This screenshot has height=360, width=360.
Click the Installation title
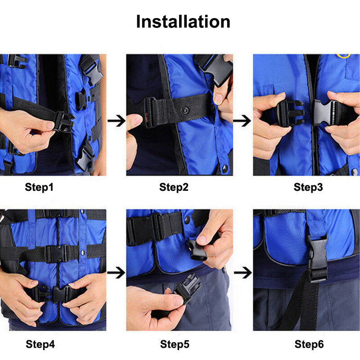(x=183, y=22)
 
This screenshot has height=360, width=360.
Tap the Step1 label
(x=39, y=187)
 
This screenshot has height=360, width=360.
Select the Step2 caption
(x=174, y=187)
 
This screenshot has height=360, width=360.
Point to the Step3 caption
(x=308, y=187)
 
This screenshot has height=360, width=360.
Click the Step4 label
(x=40, y=344)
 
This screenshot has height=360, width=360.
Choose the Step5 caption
(x=175, y=344)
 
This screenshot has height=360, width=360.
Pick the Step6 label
(x=309, y=344)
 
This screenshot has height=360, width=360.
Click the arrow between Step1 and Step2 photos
(x=116, y=121)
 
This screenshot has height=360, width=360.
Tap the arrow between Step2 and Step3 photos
(x=242, y=121)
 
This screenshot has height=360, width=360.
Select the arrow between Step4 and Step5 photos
(x=116, y=273)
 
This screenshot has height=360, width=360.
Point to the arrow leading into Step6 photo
(x=243, y=273)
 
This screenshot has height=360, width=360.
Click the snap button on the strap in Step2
(x=185, y=110)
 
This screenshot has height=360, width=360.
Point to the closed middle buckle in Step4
(x=56, y=254)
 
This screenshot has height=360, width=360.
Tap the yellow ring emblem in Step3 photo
(x=343, y=56)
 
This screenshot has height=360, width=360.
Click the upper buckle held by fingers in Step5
(x=196, y=251)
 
